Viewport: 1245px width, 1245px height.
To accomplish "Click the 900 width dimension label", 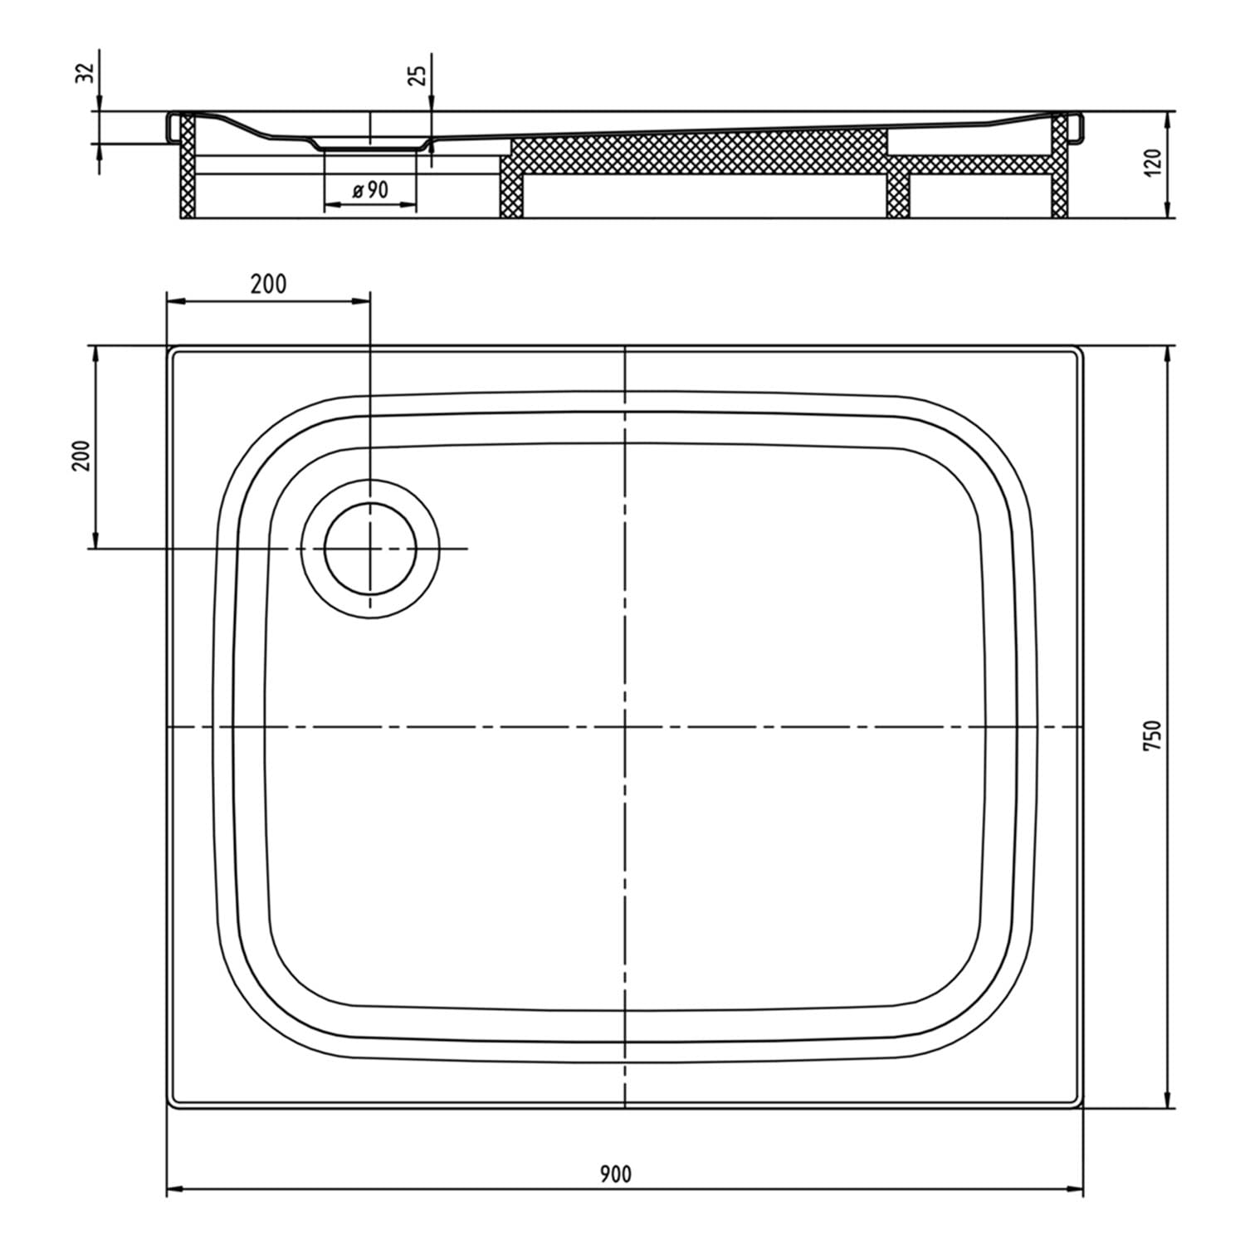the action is click(616, 1174).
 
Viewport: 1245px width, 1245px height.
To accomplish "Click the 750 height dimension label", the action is click(1154, 736).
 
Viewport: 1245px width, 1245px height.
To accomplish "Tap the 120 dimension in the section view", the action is click(1153, 164).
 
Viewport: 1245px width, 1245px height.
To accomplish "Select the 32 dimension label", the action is click(85, 73).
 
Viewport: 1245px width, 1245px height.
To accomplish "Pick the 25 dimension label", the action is click(419, 75).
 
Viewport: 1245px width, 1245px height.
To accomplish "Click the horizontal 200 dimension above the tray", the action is click(268, 284).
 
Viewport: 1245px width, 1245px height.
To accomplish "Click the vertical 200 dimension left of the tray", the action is click(81, 455).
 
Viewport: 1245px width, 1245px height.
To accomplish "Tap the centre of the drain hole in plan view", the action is click(370, 549).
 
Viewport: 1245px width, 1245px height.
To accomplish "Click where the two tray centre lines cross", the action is click(624, 727).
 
